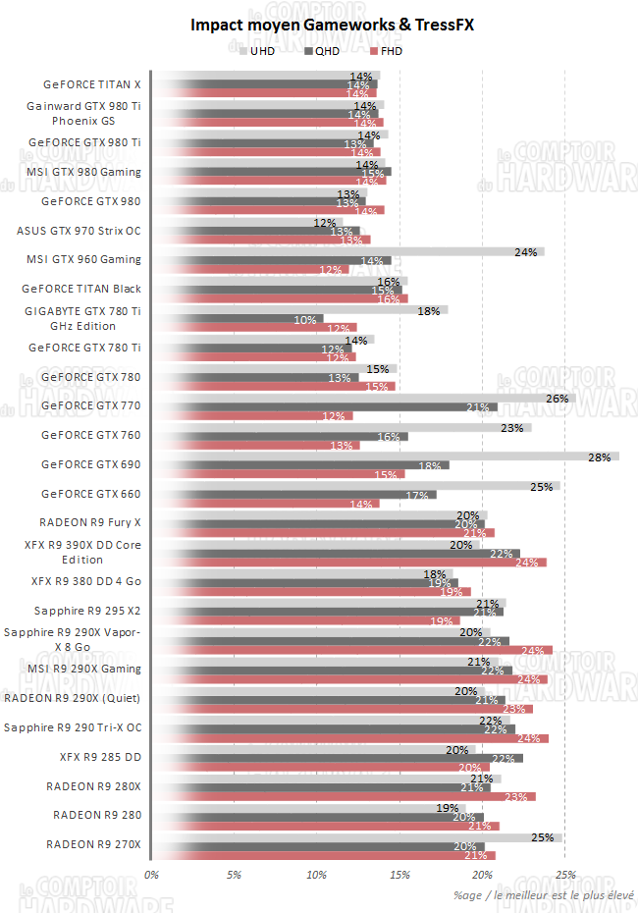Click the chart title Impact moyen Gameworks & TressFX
(318, 26)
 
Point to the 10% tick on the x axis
(316, 873)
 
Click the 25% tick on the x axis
(564, 873)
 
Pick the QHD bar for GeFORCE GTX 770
(324, 406)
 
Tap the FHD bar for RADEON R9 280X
(344, 797)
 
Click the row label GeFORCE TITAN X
(92, 84)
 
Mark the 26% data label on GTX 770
(558, 398)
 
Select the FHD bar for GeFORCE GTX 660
(265, 504)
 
